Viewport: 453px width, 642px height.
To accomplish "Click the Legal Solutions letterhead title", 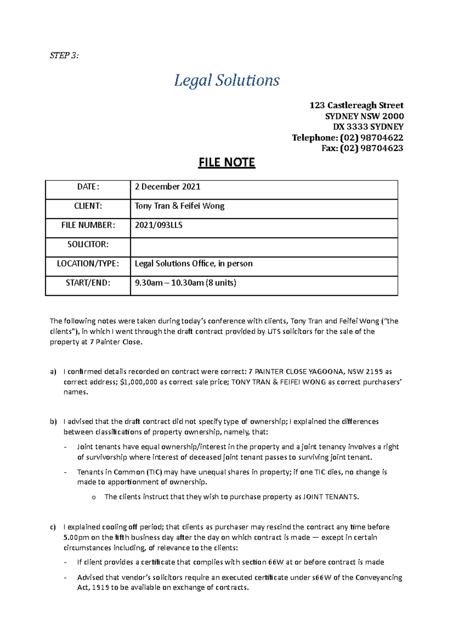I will click(x=226, y=81).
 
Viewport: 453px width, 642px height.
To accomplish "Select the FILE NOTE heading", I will click(x=227, y=163).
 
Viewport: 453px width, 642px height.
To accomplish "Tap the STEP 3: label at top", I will click(x=64, y=56).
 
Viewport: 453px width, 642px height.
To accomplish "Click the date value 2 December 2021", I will click(x=168, y=187).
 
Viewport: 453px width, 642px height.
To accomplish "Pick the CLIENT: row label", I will click(x=88, y=206).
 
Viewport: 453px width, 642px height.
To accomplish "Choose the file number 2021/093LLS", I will click(x=159, y=225).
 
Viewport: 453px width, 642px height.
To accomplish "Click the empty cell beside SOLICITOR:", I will click(x=264, y=248).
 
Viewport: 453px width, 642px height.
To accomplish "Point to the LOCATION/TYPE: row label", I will click(x=88, y=264).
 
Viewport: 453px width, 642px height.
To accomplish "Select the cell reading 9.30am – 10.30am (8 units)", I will click(x=185, y=283).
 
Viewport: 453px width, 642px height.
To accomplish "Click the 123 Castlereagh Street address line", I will click(x=356, y=105).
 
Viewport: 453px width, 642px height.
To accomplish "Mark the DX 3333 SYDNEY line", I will click(x=368, y=127).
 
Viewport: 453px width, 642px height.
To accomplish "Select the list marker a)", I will click(x=53, y=372).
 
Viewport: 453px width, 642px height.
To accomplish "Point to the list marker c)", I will click(x=53, y=527).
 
